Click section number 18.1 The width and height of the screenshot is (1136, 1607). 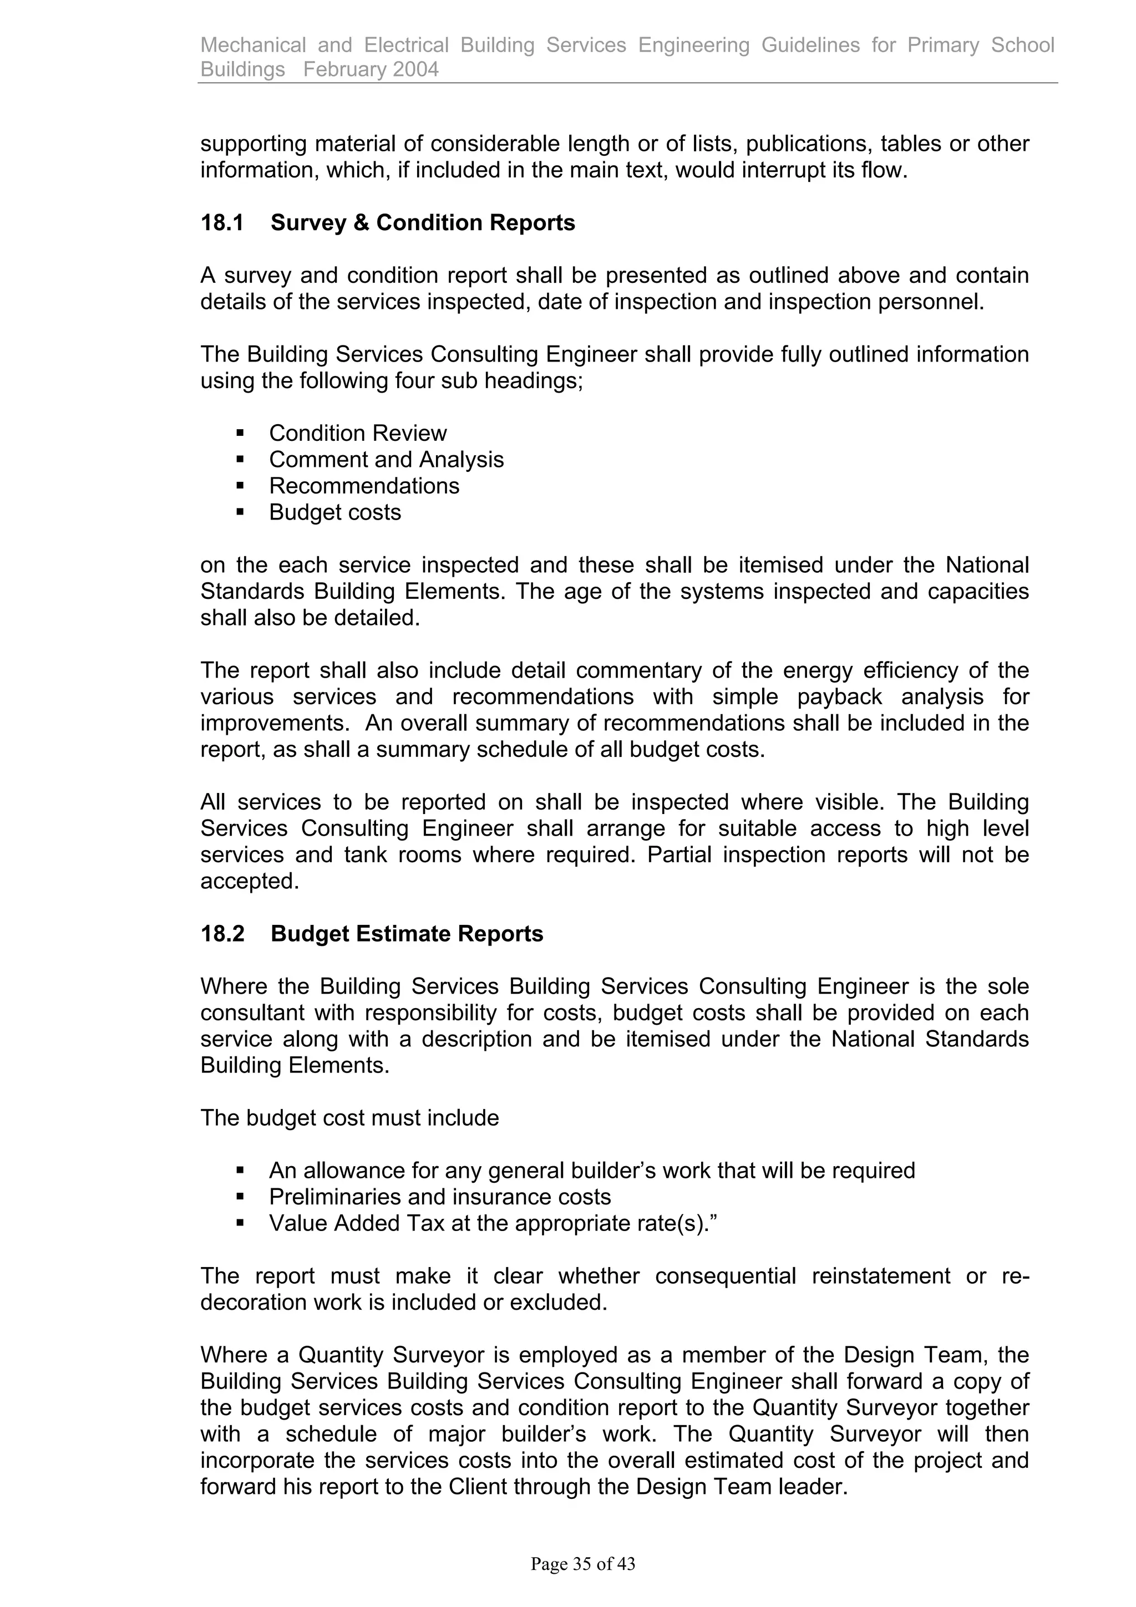pos(222,222)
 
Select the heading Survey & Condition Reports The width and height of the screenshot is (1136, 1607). pos(423,222)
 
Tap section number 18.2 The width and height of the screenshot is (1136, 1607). pos(222,934)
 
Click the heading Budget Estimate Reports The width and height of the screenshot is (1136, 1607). pos(407,934)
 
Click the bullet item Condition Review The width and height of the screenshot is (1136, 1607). pos(358,433)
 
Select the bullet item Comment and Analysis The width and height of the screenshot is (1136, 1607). pos(387,460)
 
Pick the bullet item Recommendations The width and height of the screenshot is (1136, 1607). pos(364,486)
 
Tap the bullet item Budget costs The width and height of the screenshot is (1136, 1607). pos(335,512)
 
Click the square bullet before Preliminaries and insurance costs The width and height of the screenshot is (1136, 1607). pos(240,1196)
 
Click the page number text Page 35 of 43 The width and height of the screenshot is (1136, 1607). pos(582,1564)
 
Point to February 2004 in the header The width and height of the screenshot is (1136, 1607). pos(371,69)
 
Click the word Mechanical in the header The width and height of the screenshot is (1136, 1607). pos(253,45)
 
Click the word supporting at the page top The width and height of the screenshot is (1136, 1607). pos(254,144)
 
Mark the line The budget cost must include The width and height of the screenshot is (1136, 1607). pos(349,1118)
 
